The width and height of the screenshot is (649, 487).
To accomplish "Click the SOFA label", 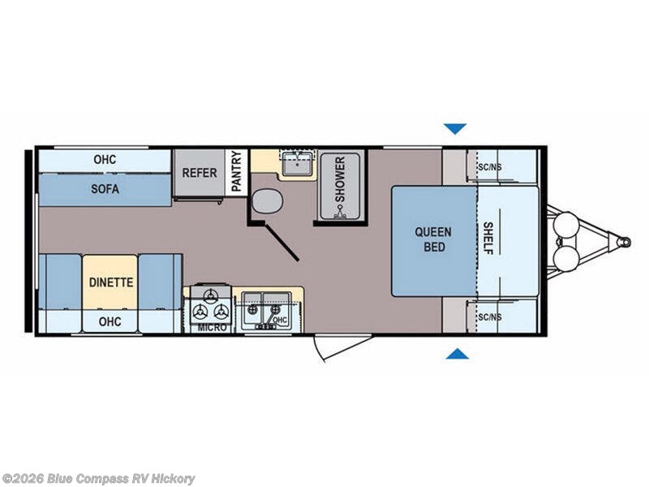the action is tap(105, 189).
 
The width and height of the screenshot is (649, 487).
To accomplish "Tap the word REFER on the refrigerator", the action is tap(200, 173).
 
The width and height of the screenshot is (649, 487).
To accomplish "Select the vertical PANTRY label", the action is tap(236, 171).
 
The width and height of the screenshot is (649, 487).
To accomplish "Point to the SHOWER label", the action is tap(340, 179).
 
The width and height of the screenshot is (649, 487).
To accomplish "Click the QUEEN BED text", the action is tap(434, 239).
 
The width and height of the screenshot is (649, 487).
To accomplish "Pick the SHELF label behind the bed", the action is tap(488, 238).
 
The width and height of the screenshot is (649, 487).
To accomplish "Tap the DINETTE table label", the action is tap(111, 282).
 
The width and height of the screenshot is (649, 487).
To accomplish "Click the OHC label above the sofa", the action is tap(105, 159).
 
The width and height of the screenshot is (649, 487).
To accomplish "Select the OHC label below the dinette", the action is tap(110, 321).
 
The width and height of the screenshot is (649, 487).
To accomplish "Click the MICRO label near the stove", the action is tap(213, 328).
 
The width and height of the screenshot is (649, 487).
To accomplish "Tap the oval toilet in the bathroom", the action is tap(268, 200).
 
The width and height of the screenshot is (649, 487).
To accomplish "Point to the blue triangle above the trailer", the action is tap(455, 128).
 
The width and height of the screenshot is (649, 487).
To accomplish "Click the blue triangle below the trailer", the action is tap(458, 354).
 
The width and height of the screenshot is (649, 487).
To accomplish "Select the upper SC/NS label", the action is tap(490, 167).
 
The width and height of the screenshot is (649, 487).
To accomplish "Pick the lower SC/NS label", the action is tap(490, 317).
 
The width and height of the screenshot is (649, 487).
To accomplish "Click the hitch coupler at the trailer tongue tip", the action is tap(624, 241).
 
